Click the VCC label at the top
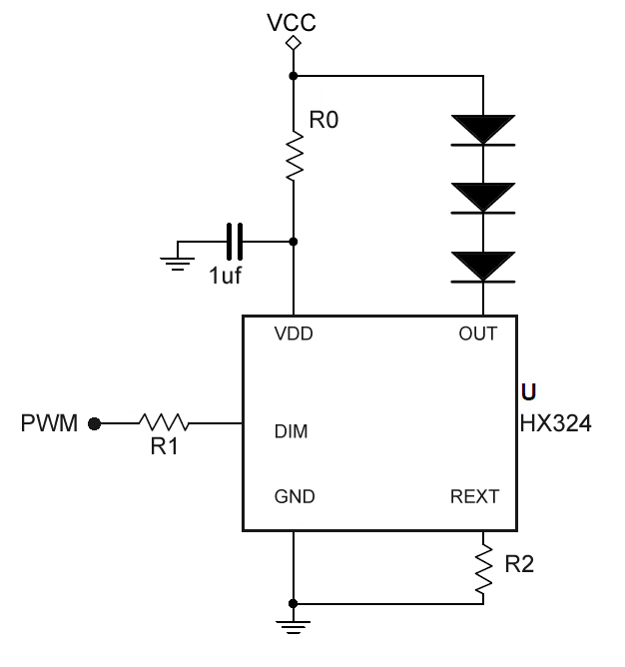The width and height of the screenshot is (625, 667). pos(292,21)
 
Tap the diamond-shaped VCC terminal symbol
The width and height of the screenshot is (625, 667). pos(293,43)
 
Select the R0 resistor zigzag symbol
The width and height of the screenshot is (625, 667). pos(294,157)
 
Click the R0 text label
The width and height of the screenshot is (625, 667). pos(324,121)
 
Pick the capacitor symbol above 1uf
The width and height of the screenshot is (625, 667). pos(236,241)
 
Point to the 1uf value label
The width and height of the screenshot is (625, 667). pos(225,276)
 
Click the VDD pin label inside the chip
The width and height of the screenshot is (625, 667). pos(294,334)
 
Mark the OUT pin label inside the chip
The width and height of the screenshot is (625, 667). pos(477,334)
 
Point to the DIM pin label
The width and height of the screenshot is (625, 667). pos(291,432)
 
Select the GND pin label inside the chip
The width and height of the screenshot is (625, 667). pos(294,496)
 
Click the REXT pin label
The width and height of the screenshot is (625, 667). pos(474,496)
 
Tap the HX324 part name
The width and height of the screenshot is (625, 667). pos(556,423)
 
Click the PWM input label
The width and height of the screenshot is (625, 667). pos(49,423)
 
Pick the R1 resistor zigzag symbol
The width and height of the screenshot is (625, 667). pos(164,423)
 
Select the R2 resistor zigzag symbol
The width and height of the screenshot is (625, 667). pos(484,568)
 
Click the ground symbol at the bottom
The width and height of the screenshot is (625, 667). pos(293,628)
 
